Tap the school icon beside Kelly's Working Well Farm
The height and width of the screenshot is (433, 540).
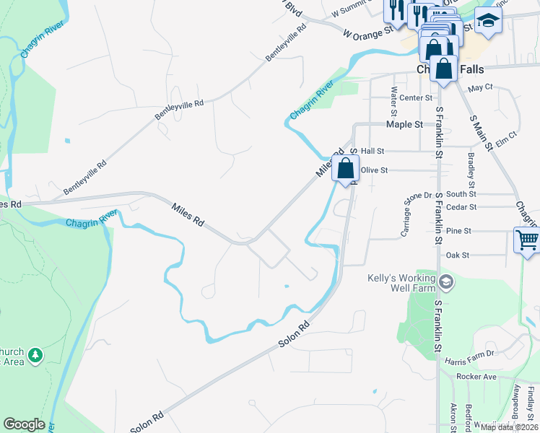[446, 281]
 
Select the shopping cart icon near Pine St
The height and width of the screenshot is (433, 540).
[527, 240]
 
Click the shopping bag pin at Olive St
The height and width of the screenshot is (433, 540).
[346, 168]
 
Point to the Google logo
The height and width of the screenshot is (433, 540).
[24, 424]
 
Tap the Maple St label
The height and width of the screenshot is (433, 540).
[404, 124]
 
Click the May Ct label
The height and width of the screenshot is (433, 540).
[479, 87]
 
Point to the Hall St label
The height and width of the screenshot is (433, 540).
[373, 151]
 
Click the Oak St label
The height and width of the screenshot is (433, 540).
[458, 255]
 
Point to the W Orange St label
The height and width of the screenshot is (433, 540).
[367, 32]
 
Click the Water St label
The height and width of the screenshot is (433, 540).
[394, 102]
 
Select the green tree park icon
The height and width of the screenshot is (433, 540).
[34, 355]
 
